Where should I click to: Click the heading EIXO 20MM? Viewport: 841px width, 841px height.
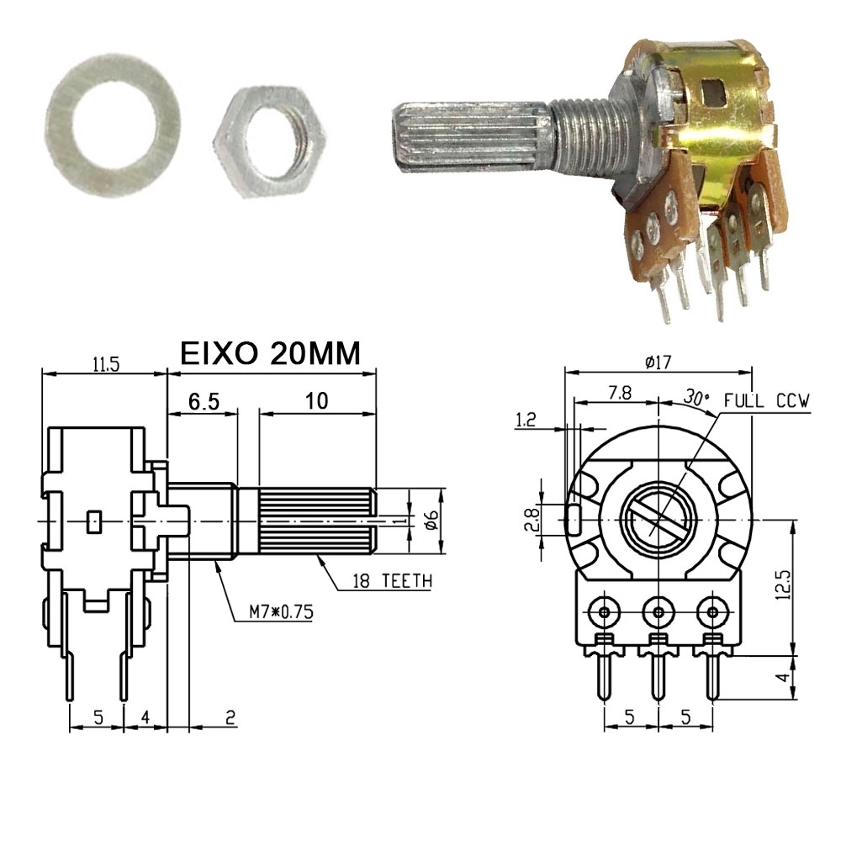[270, 353]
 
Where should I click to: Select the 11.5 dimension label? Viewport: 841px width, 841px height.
[106, 364]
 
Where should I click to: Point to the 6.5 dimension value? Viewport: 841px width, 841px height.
[204, 401]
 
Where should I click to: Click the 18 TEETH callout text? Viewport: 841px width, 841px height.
[392, 581]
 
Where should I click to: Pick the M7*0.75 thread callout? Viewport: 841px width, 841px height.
[281, 612]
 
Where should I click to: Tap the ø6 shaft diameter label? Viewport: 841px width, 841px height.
[432, 520]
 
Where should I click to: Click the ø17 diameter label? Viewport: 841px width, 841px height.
[659, 362]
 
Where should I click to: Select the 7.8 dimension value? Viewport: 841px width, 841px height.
[620, 393]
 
